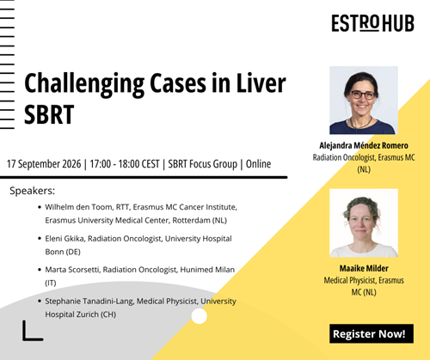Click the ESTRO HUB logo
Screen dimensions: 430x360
pos(372,23)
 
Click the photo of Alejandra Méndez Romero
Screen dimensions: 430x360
pos(364,101)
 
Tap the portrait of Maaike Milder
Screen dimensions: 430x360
pos(364,223)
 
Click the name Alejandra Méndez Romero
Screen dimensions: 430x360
pos(364,145)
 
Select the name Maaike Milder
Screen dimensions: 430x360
pos(364,268)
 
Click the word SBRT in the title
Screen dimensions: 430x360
pos(49,115)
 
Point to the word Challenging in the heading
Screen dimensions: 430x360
pos(84,83)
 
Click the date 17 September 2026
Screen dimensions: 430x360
pos(44,164)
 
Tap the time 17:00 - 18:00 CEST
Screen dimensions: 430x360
pos(125,164)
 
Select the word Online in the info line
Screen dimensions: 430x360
pos(258,164)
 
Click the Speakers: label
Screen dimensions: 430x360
pos(32,191)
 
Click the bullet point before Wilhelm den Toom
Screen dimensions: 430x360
pos(40,207)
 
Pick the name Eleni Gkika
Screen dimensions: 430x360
pos(64,239)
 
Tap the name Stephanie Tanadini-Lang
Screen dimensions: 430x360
pos(89,302)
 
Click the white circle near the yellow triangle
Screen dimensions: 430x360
pos(199,316)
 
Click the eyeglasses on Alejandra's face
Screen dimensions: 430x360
pos(363,95)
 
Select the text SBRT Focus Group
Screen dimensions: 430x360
pos(203,164)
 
